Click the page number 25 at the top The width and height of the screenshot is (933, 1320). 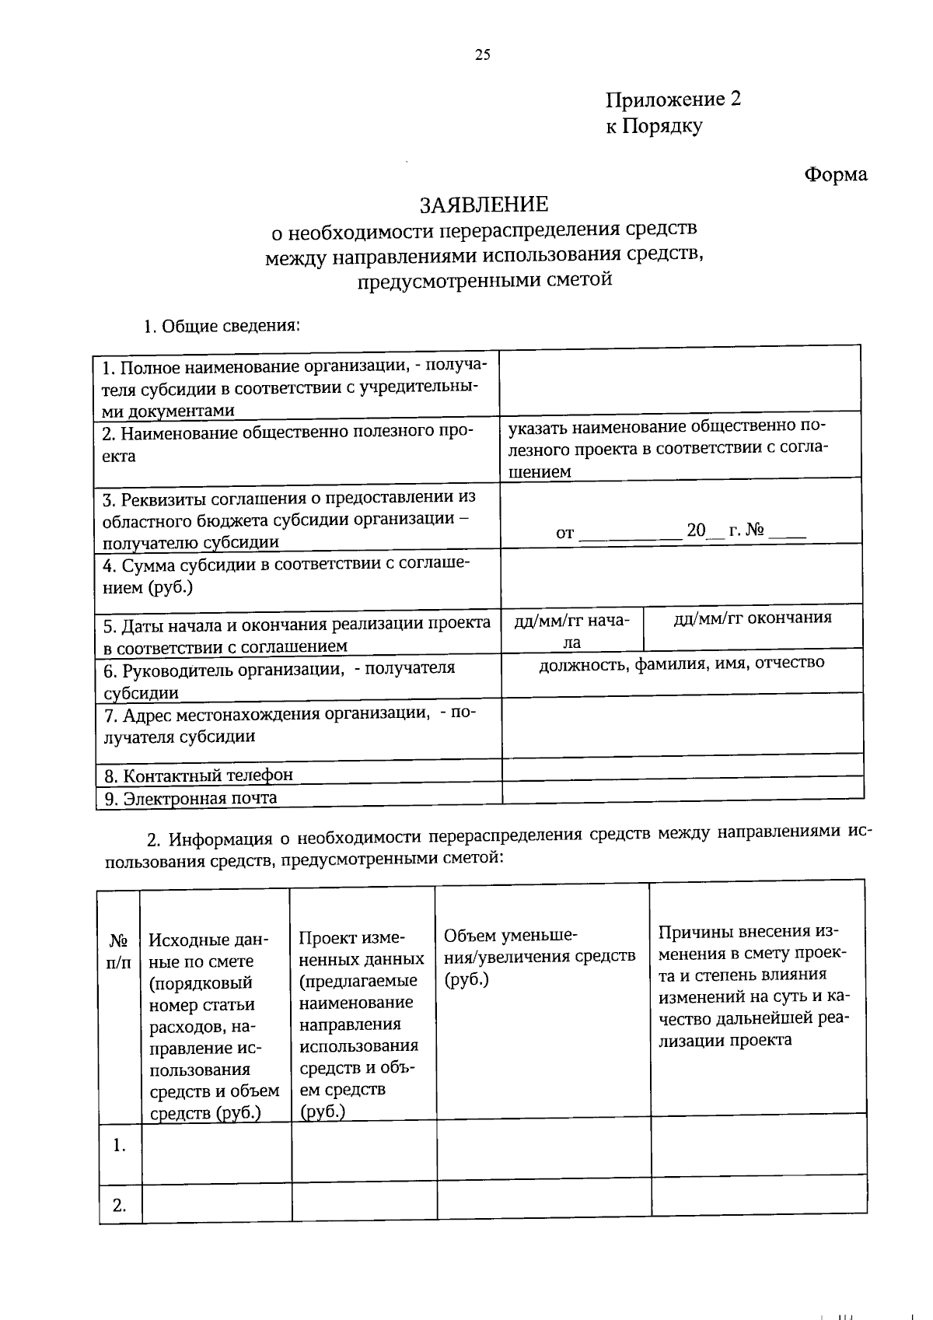coord(482,54)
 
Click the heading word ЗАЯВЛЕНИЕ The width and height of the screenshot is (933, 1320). coord(484,205)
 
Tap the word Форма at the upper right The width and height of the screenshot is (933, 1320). coord(835,174)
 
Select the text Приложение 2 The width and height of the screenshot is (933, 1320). coord(673,100)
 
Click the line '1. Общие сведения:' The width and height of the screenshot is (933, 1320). coord(222,326)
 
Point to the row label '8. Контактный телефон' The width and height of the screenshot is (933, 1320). coord(199,776)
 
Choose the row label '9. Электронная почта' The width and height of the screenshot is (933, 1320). coord(190,798)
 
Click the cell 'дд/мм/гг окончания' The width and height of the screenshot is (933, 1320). coord(752,618)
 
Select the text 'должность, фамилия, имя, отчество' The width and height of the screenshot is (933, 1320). coord(682,663)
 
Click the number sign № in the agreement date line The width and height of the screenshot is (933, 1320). coord(755,531)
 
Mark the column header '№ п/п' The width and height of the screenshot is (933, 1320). coord(119,951)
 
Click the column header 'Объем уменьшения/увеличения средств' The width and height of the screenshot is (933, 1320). coord(540,957)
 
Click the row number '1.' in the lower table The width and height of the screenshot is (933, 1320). coord(119,1145)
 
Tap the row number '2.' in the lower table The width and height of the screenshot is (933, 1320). coord(119,1206)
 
